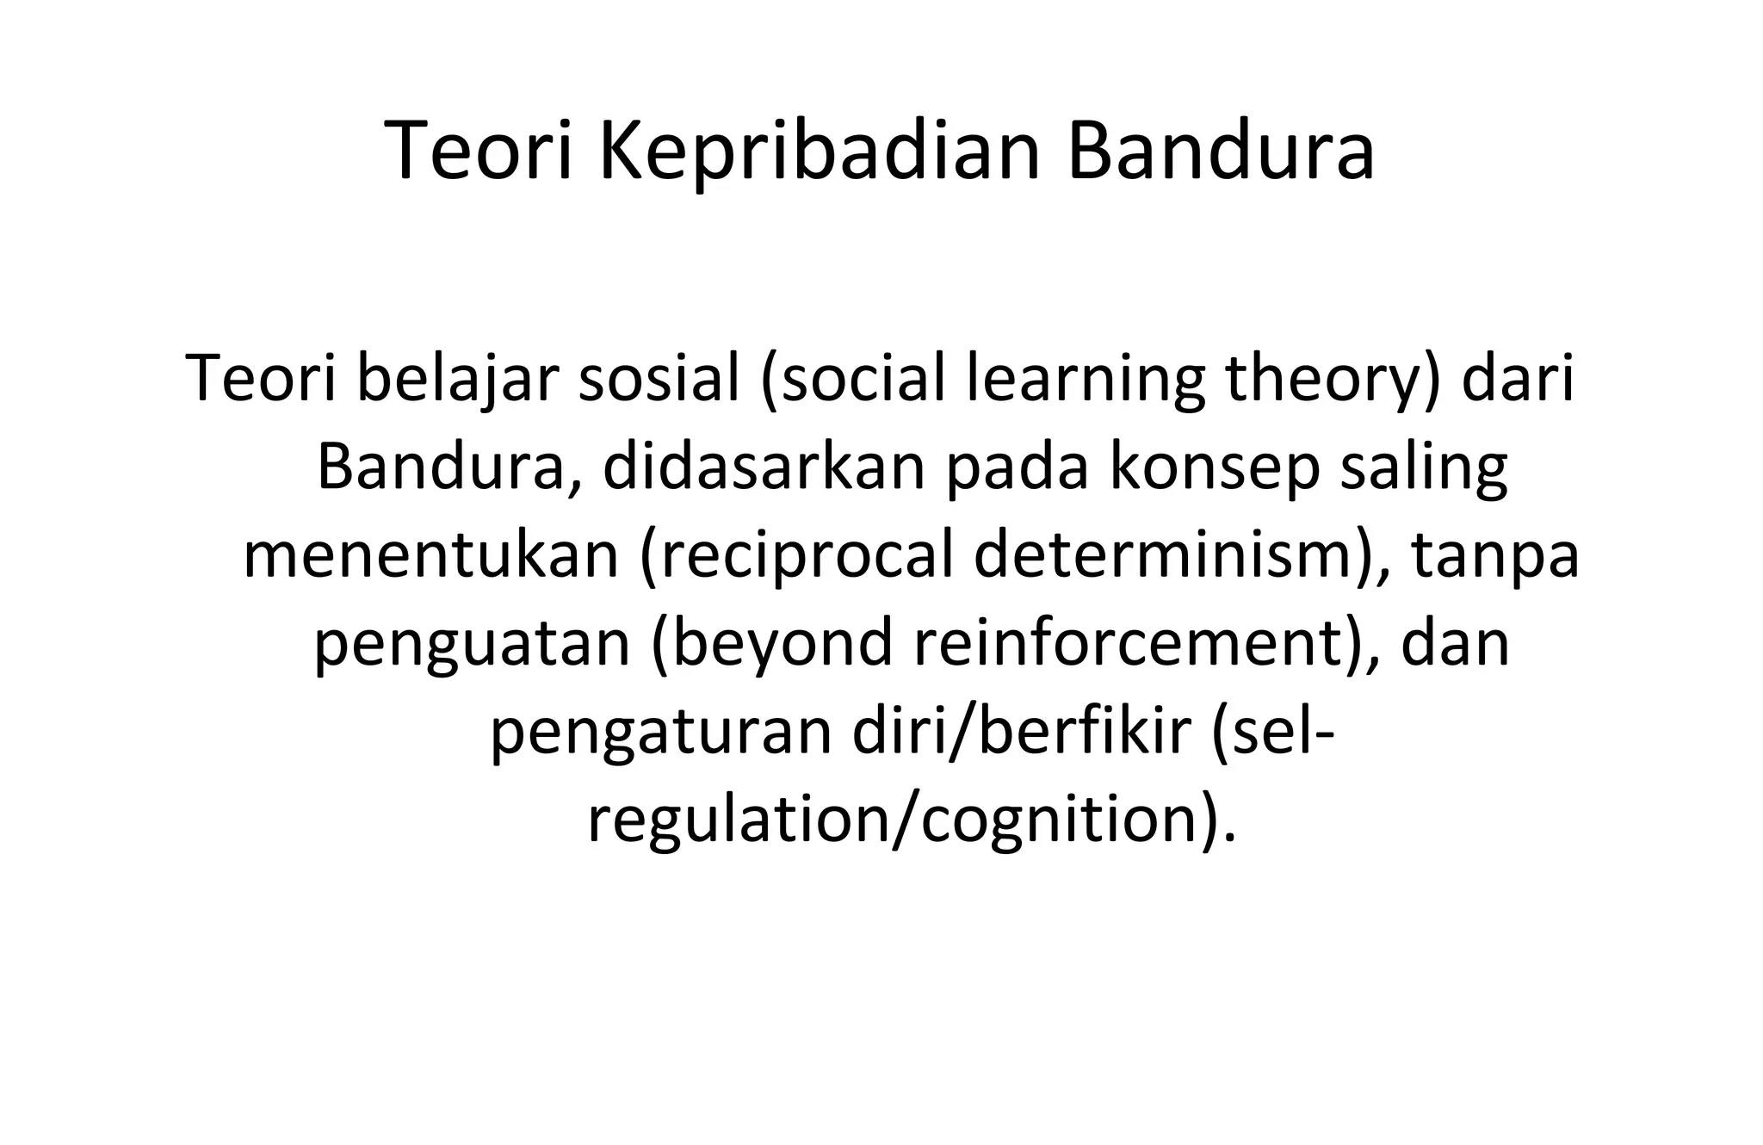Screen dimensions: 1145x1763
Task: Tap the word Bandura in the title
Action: pos(1221,155)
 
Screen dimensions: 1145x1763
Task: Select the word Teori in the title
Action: pos(479,155)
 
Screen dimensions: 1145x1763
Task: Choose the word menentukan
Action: pos(430,555)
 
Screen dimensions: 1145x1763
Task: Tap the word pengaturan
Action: pos(662,732)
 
